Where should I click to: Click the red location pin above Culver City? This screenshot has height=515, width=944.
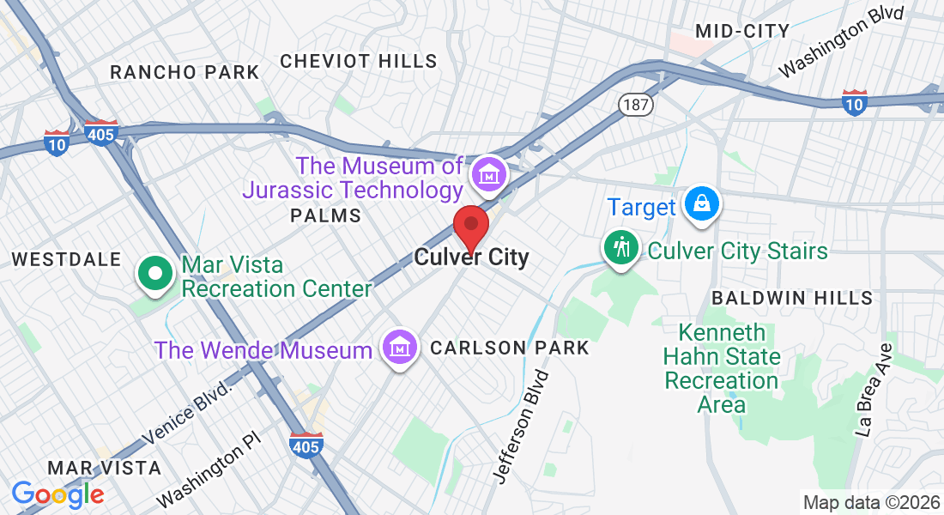point(471,227)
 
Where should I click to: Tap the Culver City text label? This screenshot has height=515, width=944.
point(471,257)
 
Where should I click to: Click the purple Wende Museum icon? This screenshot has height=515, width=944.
point(399,348)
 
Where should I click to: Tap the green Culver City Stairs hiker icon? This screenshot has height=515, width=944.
point(620,248)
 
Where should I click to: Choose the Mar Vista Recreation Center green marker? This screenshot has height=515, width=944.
point(155,275)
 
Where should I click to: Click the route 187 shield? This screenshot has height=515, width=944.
point(636,105)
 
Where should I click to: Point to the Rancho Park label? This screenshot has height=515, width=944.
point(185,72)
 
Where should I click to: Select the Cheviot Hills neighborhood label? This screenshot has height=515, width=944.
point(359,61)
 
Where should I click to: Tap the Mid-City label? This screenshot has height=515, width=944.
point(742,32)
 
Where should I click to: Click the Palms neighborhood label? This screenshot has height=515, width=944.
point(326,215)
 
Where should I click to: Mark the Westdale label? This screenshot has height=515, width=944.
point(65,259)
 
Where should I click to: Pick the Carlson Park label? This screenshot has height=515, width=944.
point(510,348)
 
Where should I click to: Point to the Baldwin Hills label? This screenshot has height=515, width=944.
point(792,299)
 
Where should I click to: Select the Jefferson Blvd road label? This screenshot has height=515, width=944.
point(521,426)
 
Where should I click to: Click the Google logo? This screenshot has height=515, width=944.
point(57,494)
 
